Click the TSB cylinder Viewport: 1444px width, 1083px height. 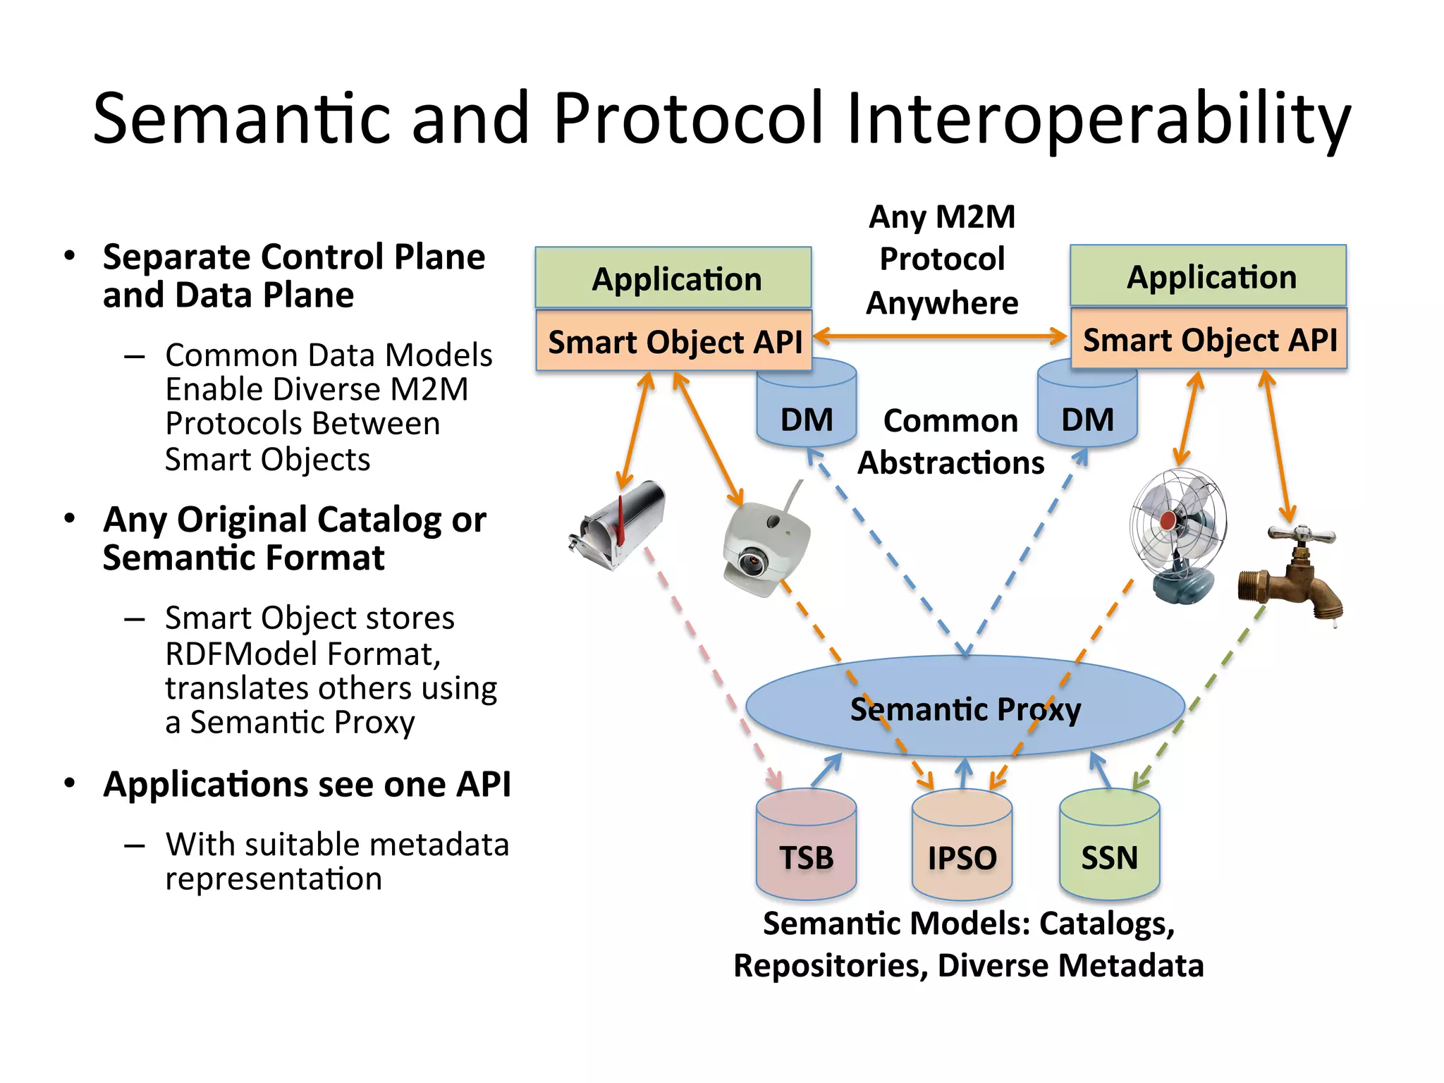pos(806,846)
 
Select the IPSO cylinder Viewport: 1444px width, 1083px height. pos(962,846)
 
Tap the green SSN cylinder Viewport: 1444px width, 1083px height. pos(1109,846)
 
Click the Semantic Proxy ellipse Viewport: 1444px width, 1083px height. pos(965,708)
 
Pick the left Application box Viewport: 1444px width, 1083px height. pos(673,278)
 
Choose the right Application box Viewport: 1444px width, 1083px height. pos(1209,276)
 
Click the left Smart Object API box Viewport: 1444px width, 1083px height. pos(673,341)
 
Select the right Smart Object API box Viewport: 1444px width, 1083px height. pos(1209,339)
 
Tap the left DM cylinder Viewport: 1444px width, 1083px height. pos(807,416)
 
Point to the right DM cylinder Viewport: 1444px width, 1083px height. pos(1087,416)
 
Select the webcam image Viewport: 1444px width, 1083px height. pos(765,546)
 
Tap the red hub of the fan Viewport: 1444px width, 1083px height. pos(1168,520)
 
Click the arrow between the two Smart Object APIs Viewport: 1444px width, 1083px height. pos(941,336)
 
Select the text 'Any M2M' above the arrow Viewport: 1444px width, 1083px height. pos(942,216)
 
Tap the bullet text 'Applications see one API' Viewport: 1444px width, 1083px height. pos(307,784)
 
